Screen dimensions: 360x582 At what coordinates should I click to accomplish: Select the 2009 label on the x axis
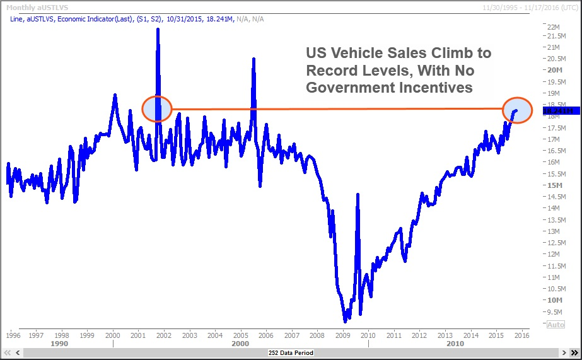(x=342, y=335)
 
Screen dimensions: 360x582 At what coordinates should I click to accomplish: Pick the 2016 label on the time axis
(x=521, y=335)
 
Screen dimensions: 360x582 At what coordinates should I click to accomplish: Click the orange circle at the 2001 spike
(x=157, y=109)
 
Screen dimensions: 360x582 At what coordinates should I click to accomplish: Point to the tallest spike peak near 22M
(x=158, y=29)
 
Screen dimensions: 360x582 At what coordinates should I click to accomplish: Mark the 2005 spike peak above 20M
(x=253, y=59)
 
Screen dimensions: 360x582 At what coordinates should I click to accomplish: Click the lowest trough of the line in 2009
(x=345, y=321)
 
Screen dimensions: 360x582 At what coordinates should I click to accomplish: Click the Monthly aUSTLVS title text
(x=29, y=6)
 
